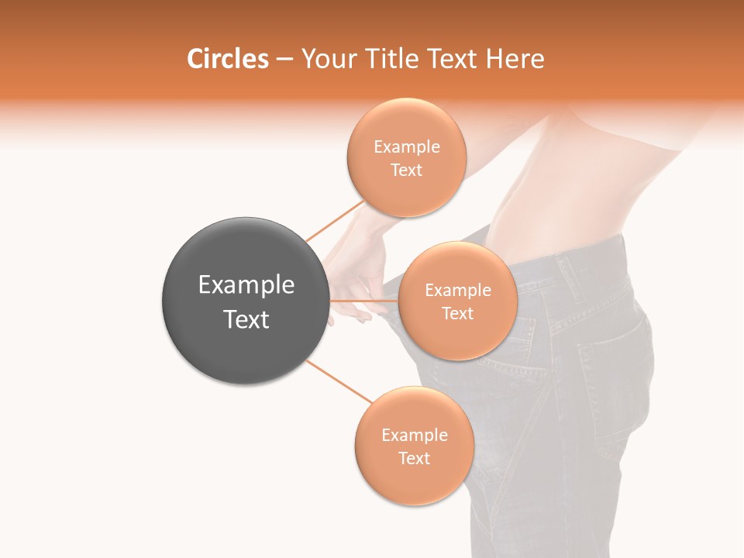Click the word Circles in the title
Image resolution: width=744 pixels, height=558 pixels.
227,59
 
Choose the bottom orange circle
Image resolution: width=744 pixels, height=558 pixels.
414,480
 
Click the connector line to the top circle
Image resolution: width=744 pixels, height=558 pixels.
335,220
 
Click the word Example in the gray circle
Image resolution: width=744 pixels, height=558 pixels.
246,285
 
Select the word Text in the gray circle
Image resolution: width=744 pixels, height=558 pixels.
246,319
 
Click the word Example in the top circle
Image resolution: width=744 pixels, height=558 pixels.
406,147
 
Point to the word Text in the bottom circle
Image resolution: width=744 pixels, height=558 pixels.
414,458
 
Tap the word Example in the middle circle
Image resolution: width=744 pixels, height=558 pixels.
457,291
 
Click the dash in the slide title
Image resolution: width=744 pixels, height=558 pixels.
284,59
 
